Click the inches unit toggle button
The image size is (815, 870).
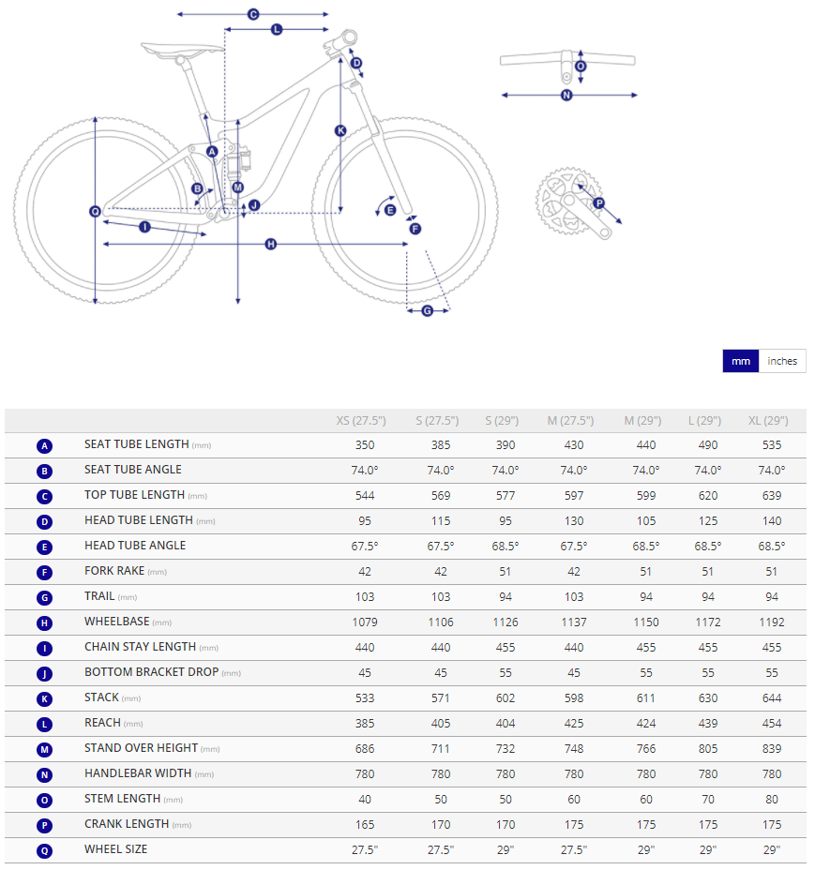(781, 361)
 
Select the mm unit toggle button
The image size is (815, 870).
(741, 361)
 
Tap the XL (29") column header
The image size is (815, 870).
(768, 421)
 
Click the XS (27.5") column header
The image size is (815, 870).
(361, 421)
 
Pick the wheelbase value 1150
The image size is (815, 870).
(645, 622)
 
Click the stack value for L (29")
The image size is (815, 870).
(708, 698)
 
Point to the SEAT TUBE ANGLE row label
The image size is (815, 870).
(132, 470)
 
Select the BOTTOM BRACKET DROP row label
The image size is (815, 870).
(151, 672)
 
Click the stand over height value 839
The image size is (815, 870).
(772, 748)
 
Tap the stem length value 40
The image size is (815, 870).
(365, 799)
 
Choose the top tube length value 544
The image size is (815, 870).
(365, 496)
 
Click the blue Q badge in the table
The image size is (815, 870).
(44, 850)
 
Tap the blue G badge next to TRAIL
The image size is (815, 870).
(44, 597)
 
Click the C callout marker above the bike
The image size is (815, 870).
(253, 14)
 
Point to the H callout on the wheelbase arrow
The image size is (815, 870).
(270, 244)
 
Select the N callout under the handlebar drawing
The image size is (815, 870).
(566, 96)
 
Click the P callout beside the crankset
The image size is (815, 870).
(598, 203)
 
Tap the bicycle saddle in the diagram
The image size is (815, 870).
(182, 51)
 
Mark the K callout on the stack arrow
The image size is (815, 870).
(340, 131)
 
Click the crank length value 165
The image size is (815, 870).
(365, 824)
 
